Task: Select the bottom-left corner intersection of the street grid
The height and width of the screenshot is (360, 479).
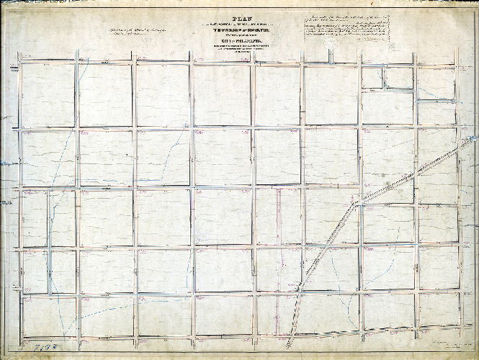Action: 20,335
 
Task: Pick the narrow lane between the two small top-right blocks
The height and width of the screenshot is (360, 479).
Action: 382,78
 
